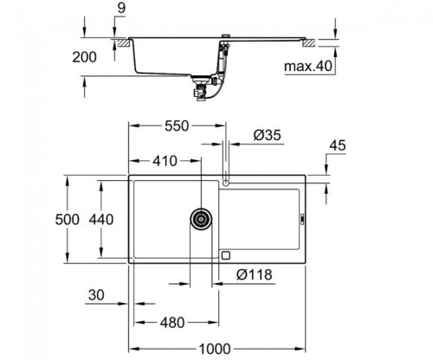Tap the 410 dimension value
[x=166, y=160]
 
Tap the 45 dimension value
[x=339, y=145]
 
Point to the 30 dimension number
[x=97, y=296]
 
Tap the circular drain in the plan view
[x=202, y=219]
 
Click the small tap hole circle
[x=225, y=183]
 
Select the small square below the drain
[x=226, y=254]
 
